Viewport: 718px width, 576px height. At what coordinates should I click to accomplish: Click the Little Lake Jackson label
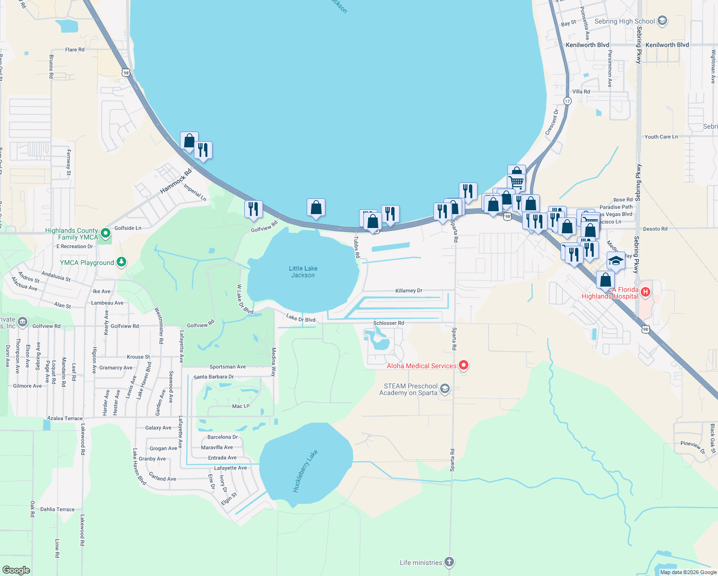point(303,272)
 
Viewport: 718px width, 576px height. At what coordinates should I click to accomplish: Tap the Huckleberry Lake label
point(305,471)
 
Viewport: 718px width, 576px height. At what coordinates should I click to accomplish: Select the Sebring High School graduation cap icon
point(662,21)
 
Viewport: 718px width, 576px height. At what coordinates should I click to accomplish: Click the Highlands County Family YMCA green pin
point(106,234)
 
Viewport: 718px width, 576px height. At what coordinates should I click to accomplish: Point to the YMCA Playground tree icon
point(121,262)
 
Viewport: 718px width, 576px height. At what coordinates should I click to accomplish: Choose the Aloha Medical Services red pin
point(464,366)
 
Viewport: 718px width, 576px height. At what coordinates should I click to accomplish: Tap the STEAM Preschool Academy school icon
point(445,389)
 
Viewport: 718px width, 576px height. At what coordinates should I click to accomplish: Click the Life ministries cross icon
point(449,562)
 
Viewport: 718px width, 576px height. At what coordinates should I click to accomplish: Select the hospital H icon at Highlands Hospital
point(646,291)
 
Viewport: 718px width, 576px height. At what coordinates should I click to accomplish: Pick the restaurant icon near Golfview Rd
point(253,209)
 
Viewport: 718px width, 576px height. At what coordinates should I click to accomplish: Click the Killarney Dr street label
point(408,290)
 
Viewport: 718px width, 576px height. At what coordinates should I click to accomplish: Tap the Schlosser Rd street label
point(388,323)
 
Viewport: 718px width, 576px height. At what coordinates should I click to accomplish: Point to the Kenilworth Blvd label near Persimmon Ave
point(587,45)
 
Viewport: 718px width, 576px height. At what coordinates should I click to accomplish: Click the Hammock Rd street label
point(176,181)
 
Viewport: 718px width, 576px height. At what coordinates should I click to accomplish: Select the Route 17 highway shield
point(567,101)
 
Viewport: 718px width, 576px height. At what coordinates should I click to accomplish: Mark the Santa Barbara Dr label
point(214,377)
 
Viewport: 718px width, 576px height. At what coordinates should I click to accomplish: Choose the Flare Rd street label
point(74,49)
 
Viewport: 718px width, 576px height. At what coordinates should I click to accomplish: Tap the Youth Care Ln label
point(661,137)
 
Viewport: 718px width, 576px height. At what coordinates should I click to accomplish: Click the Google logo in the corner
point(16,570)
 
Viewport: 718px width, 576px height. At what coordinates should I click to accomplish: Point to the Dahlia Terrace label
point(57,509)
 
